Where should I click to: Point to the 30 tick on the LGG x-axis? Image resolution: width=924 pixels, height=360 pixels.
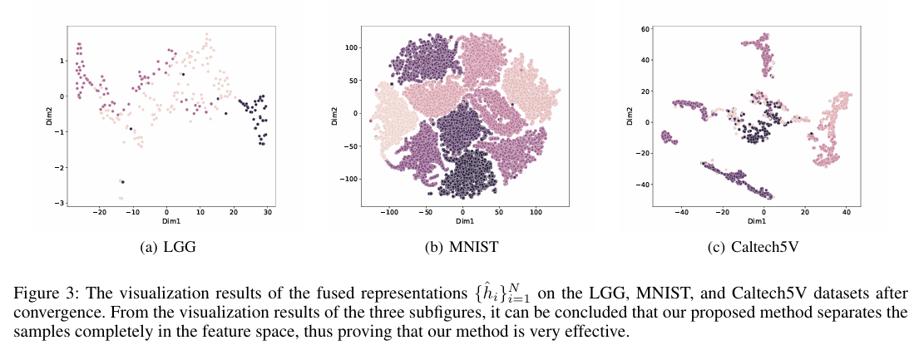(267, 213)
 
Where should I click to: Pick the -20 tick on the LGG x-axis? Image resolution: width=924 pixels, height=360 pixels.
(99, 213)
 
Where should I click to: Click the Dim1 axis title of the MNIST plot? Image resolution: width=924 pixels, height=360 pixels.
(463, 222)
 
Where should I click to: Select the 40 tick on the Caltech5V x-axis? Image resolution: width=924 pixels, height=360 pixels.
(847, 213)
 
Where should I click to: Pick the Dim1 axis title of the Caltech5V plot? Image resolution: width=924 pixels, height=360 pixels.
(756, 222)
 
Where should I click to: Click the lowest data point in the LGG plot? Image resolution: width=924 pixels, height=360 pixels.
(121, 198)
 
